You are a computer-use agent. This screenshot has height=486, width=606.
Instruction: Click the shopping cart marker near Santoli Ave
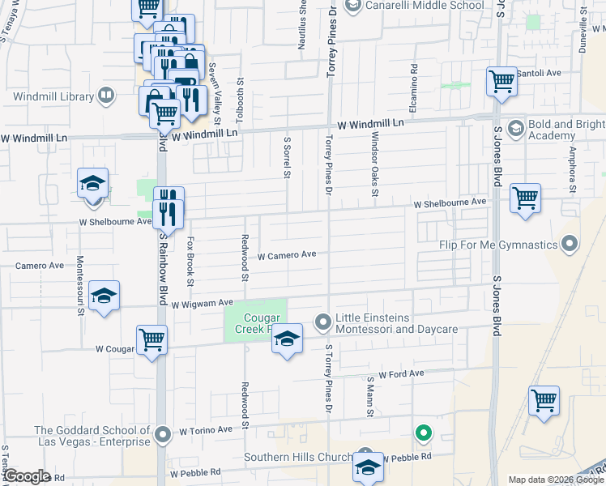[x=502, y=81]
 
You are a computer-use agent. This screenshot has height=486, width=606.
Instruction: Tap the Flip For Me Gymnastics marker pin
[x=570, y=244]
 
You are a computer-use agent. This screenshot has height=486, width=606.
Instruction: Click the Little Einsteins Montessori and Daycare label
[x=397, y=323]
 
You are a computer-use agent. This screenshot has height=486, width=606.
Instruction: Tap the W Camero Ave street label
[x=286, y=254]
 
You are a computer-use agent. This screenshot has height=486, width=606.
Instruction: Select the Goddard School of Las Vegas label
[x=92, y=436]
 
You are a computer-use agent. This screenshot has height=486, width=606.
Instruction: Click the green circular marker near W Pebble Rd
[x=422, y=433]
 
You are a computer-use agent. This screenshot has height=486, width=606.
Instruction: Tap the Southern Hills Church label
[x=300, y=458]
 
